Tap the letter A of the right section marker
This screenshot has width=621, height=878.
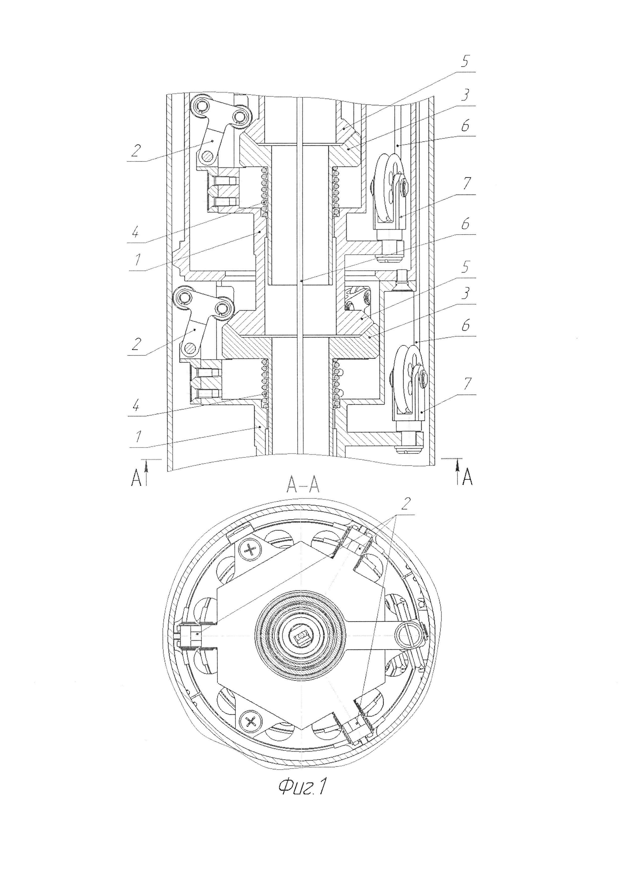click(467, 478)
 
